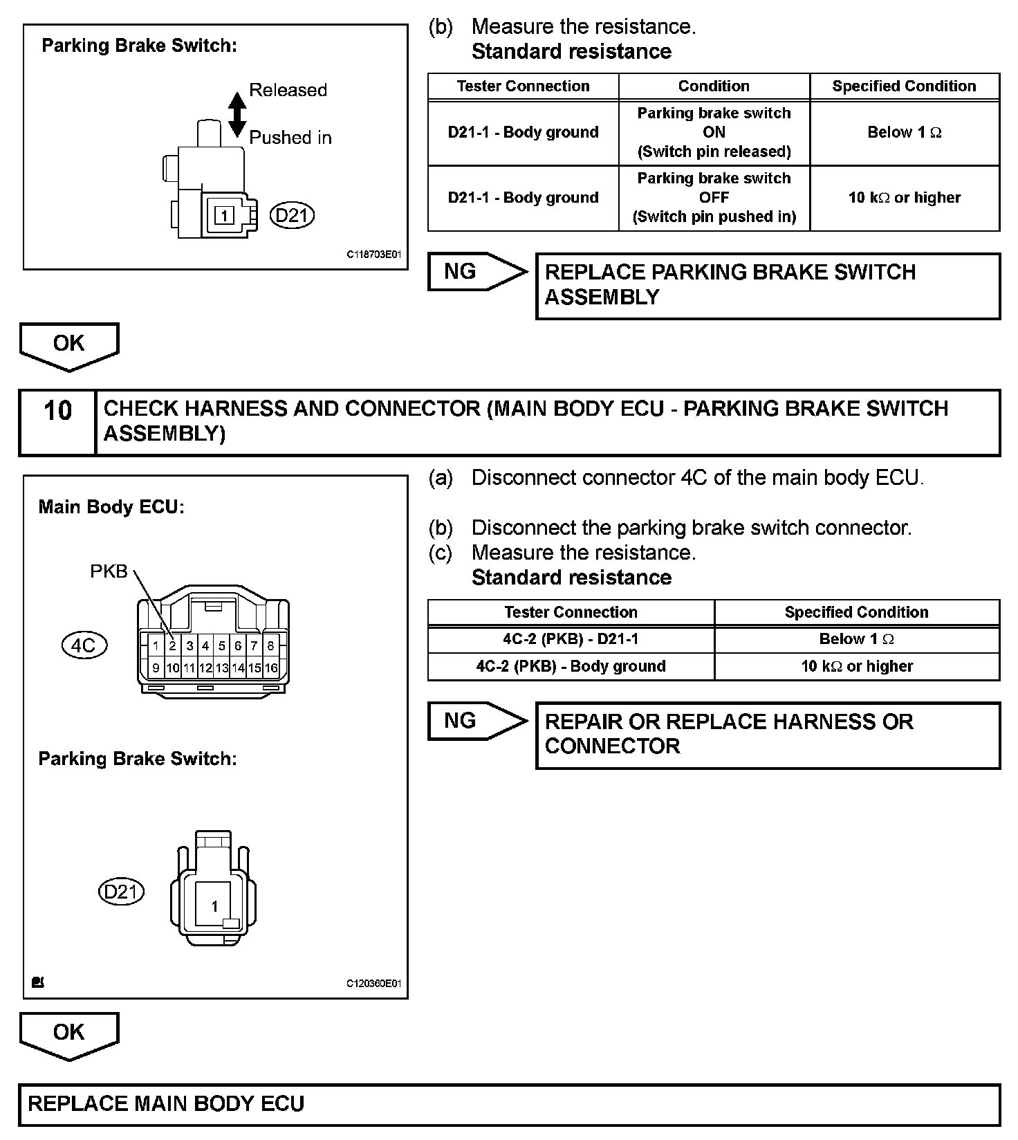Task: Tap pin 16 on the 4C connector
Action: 271,668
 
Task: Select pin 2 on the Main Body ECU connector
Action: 173,646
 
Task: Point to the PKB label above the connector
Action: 109,571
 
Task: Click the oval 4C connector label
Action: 84,645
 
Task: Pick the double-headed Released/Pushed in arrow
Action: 237,114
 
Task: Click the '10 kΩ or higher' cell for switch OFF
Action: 904,198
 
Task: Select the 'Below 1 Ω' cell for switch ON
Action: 904,133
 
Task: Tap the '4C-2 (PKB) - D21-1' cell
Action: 571,639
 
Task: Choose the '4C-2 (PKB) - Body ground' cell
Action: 571,666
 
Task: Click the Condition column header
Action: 714,86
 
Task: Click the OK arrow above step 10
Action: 68,344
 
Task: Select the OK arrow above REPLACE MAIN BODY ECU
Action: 68,1033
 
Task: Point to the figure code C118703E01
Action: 373,255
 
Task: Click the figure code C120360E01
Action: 373,984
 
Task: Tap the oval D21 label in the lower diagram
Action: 121,892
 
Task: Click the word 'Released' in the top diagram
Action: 288,90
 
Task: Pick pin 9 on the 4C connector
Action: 156,668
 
